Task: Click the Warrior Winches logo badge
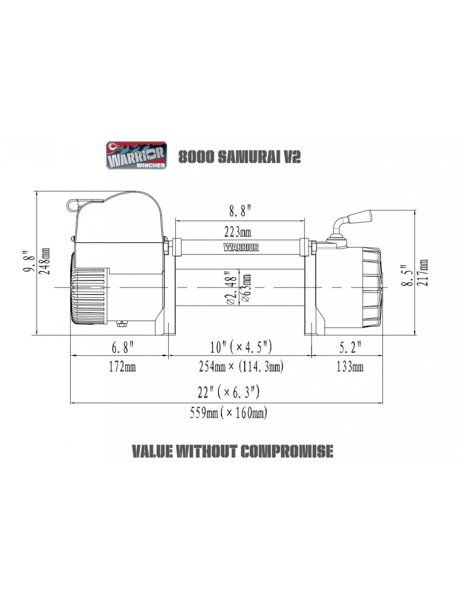(x=136, y=155)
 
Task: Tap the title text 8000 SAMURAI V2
(x=240, y=157)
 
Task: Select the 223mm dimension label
(x=237, y=232)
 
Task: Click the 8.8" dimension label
(x=239, y=212)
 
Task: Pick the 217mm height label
(x=423, y=273)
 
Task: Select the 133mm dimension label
(x=350, y=367)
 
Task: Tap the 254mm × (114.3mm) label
(x=241, y=367)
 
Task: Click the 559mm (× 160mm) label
(x=228, y=413)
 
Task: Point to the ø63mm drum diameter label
(x=247, y=288)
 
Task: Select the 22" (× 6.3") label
(x=229, y=393)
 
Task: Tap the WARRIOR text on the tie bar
(x=241, y=247)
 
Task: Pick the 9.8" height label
(x=29, y=261)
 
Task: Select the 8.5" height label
(x=408, y=275)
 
